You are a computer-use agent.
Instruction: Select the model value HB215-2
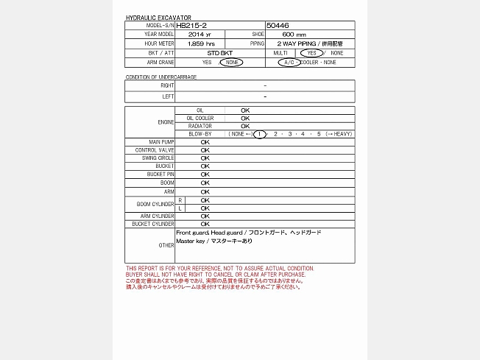tap(191, 26)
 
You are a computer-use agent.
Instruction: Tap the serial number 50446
tap(278, 26)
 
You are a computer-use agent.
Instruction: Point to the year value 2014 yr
tap(200, 35)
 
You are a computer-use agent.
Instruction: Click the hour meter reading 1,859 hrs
tap(200, 44)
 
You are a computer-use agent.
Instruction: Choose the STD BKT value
tap(200, 53)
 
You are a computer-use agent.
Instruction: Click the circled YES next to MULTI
tap(311, 53)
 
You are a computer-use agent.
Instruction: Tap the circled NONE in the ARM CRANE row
tap(231, 63)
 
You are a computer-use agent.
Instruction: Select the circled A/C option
tap(289, 63)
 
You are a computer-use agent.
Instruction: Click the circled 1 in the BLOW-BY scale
tap(259, 134)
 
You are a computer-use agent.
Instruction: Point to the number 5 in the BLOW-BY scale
tap(319, 134)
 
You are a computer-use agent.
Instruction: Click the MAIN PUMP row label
tap(161, 142)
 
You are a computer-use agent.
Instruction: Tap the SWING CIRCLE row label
tap(158, 158)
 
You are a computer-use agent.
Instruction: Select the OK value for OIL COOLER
tap(245, 118)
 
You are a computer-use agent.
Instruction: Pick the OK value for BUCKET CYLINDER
tap(205, 224)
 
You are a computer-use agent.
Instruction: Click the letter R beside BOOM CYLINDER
tap(180, 200)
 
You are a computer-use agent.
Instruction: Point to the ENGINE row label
tap(166, 122)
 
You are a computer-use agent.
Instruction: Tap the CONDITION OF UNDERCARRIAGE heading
tap(161, 77)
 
